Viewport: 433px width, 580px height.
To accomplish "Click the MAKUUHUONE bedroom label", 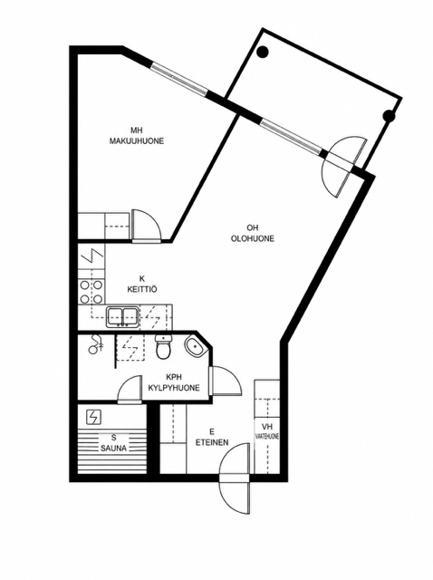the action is (x=137, y=141).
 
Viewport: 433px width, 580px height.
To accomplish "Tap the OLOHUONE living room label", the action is (x=253, y=238).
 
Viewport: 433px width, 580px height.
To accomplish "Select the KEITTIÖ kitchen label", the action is (x=141, y=289).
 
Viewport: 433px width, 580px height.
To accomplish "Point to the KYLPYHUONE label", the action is (x=174, y=388).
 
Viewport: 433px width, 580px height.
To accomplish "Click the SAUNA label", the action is (x=114, y=448).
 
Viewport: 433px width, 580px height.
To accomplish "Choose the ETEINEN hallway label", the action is (x=212, y=442).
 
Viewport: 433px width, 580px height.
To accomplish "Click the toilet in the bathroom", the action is (x=163, y=347).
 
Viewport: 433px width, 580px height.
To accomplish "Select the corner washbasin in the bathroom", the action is (x=195, y=347).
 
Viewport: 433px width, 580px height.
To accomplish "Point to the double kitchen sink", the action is (x=123, y=316).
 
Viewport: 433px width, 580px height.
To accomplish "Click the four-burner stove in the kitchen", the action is (x=91, y=292).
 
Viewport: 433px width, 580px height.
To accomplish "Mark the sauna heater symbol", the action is (x=92, y=418).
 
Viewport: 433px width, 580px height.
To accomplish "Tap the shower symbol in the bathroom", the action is (x=95, y=343).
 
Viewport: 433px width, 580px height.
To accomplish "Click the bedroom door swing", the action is (x=146, y=226).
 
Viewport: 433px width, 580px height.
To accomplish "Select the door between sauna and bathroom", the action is (x=130, y=391).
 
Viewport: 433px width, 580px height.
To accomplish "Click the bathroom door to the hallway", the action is (x=226, y=381).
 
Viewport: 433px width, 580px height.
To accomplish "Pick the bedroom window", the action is (x=179, y=79).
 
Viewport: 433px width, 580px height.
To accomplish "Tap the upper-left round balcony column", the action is (x=263, y=53).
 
